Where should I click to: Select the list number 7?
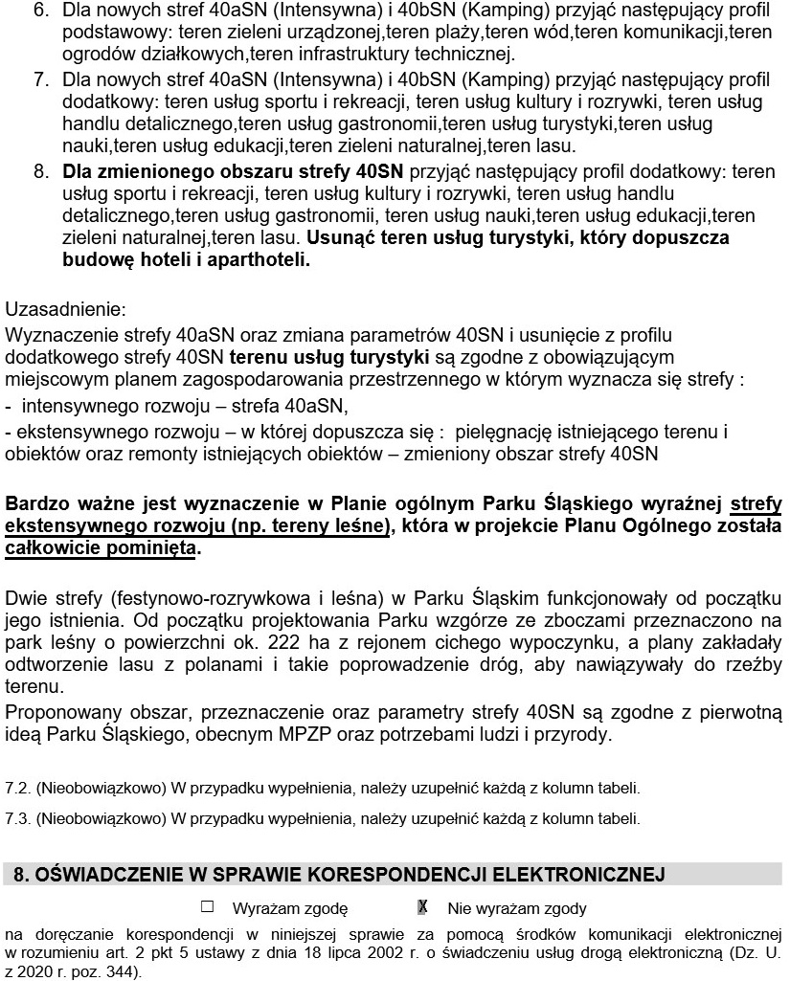(40, 80)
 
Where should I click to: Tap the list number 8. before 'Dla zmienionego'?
(40, 171)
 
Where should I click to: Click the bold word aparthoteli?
(259, 258)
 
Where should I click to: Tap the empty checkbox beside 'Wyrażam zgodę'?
(206, 906)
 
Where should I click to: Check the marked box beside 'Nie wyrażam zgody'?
(422, 906)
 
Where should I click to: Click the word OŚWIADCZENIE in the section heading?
(105, 874)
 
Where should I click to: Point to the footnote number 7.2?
(17, 790)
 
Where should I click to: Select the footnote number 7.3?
(17, 819)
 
